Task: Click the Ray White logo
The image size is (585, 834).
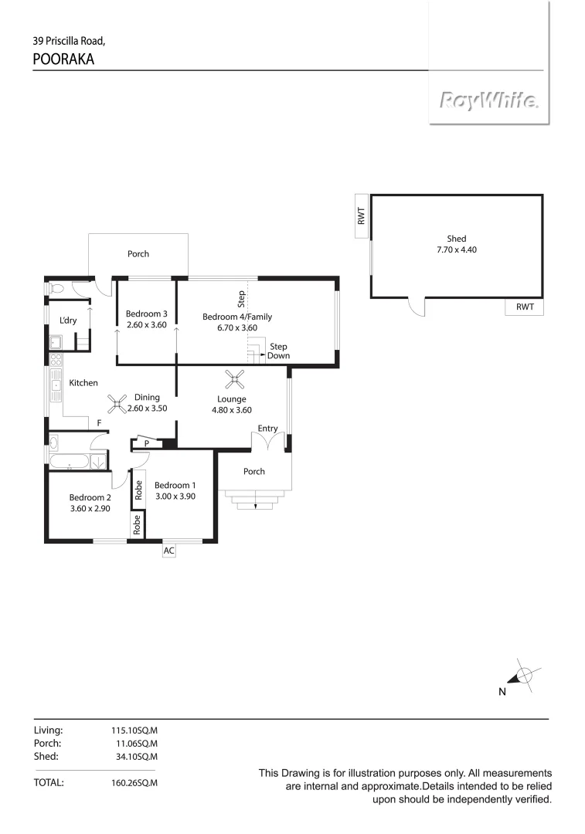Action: (x=489, y=101)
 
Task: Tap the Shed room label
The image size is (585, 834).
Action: (x=457, y=239)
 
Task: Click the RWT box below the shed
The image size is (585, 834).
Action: (x=525, y=307)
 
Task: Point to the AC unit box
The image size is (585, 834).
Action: (x=169, y=551)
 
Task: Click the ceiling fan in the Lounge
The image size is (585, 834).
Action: (x=234, y=378)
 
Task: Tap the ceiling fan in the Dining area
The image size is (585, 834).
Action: (x=117, y=402)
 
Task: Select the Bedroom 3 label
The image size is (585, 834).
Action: (x=146, y=314)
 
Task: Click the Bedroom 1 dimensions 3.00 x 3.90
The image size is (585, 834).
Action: (x=174, y=497)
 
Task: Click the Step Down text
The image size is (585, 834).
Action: (x=279, y=351)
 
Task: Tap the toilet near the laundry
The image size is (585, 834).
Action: (x=56, y=289)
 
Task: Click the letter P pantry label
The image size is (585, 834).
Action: (x=147, y=443)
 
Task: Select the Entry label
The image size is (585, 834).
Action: (x=267, y=429)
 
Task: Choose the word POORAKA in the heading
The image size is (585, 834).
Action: (x=63, y=59)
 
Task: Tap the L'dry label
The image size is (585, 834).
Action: (x=68, y=320)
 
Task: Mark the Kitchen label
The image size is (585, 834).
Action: (x=83, y=383)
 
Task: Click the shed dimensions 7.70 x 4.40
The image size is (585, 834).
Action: (x=457, y=249)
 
